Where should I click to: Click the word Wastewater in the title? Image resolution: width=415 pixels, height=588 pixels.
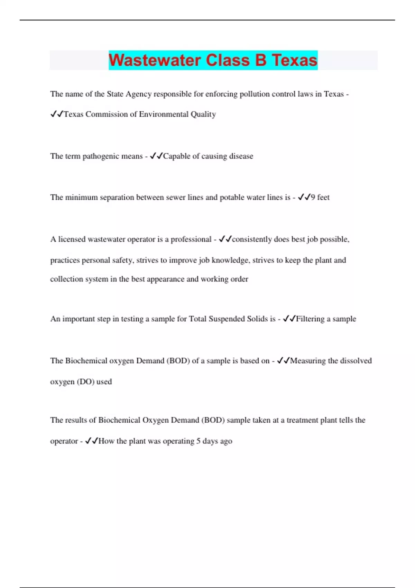pos(156,60)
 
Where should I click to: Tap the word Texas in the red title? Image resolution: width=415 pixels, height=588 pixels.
pos(294,60)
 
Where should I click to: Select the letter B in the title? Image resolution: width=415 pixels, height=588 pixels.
pos(261,60)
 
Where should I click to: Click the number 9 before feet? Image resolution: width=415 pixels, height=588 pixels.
pos(313,197)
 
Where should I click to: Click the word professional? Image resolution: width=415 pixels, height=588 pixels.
pos(191,239)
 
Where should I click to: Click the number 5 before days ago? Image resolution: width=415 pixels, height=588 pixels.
pos(199,441)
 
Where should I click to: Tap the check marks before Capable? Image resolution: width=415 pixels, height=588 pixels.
pos(156,156)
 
